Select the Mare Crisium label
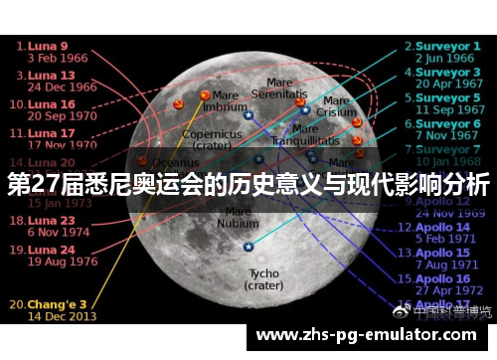pos(337,106)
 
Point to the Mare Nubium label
pos(238,217)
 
